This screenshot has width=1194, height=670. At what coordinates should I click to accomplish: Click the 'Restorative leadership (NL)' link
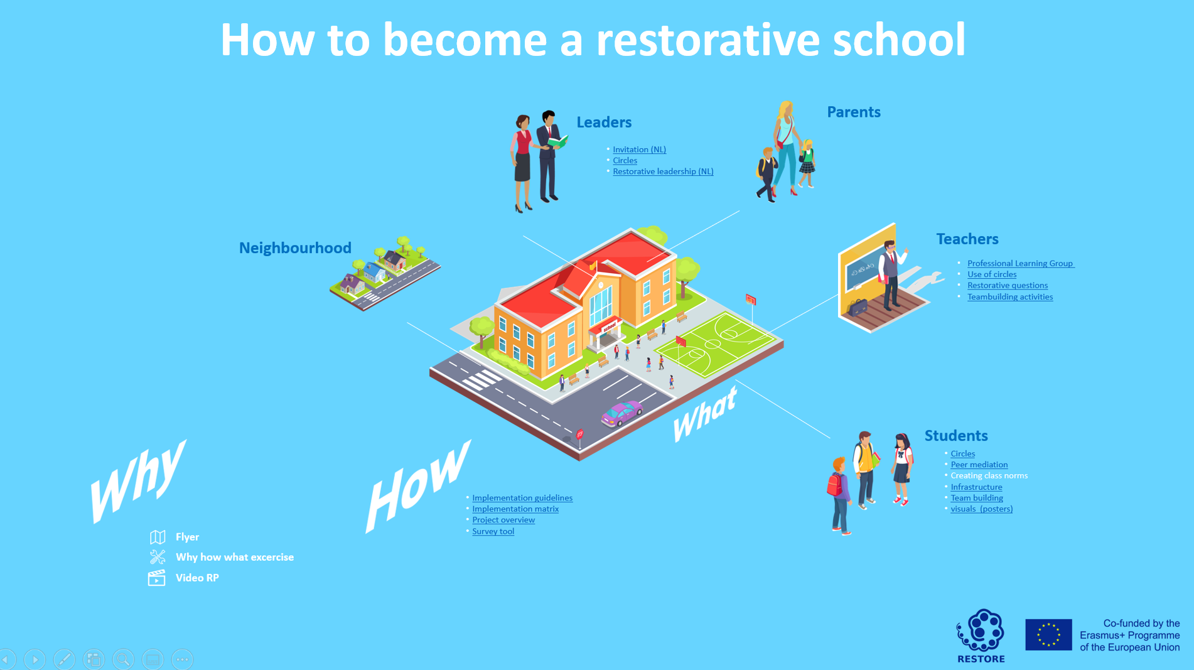pyautogui.click(x=663, y=171)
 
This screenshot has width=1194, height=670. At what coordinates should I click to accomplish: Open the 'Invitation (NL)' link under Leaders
pyautogui.click(x=639, y=149)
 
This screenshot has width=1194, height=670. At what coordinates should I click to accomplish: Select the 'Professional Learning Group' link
pyautogui.click(x=1020, y=263)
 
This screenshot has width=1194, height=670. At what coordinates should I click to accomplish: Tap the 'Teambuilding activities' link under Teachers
pyautogui.click(x=1010, y=297)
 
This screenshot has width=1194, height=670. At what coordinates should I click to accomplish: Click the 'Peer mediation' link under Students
pyautogui.click(x=979, y=465)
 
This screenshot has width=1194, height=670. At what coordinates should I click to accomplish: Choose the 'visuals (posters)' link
pyautogui.click(x=981, y=509)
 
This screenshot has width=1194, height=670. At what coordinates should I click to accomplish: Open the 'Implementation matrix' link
pyautogui.click(x=515, y=509)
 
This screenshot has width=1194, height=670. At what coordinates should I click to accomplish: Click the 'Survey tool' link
pyautogui.click(x=493, y=531)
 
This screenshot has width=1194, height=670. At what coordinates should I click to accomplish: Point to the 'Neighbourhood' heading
pyautogui.click(x=295, y=248)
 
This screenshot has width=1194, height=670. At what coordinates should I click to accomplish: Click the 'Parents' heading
pyautogui.click(x=854, y=112)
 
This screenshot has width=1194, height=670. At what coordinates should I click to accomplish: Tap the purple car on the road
pyautogui.click(x=621, y=414)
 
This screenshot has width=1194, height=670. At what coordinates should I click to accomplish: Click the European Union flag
pyautogui.click(x=1048, y=634)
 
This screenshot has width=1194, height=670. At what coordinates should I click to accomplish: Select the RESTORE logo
pyautogui.click(x=981, y=635)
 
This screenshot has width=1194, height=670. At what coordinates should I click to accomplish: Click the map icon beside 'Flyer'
pyautogui.click(x=158, y=537)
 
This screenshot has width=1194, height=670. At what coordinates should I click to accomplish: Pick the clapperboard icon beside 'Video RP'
pyautogui.click(x=156, y=578)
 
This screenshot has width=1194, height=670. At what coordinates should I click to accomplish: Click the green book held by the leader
pyautogui.click(x=557, y=142)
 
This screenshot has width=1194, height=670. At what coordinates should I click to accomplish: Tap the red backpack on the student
pyautogui.click(x=835, y=484)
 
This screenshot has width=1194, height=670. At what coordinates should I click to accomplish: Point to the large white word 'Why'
pyautogui.click(x=139, y=481)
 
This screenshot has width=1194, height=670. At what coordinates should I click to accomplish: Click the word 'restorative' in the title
pyautogui.click(x=707, y=40)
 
